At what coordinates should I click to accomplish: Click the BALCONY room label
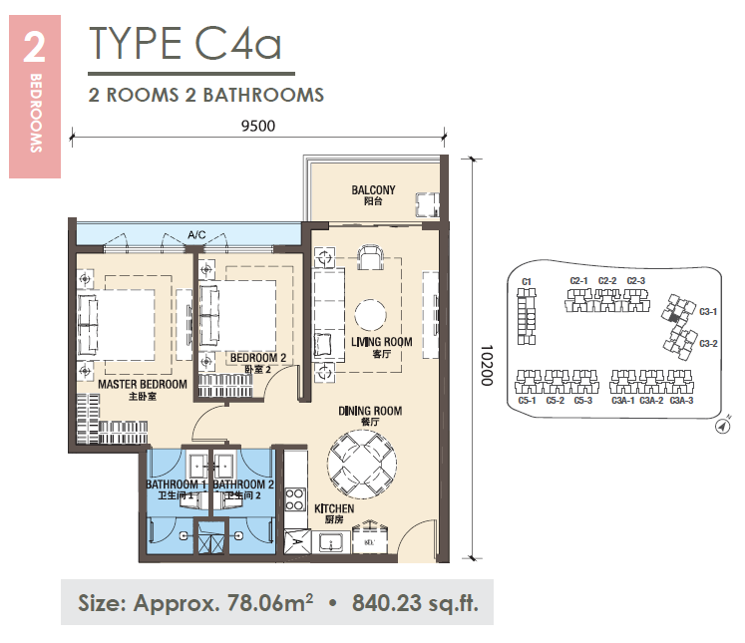[373, 190]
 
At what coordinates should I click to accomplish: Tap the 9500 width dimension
[258, 126]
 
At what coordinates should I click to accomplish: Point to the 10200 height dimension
[487, 365]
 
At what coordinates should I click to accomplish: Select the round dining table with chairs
[362, 464]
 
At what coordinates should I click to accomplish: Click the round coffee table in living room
[370, 315]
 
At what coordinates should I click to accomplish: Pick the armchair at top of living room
[370, 257]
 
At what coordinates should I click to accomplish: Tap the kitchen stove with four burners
[295, 499]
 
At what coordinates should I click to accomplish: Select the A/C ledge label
[196, 234]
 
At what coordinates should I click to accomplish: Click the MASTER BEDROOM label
[143, 384]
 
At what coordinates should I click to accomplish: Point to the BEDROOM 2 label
[258, 358]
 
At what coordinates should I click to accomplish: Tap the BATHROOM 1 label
[177, 484]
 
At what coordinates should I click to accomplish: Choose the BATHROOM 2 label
[243, 484]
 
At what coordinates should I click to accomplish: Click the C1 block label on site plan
[526, 281]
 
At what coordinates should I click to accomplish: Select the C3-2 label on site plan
[708, 343]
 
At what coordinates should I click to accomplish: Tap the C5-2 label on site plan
[555, 401]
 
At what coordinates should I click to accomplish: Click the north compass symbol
[723, 426]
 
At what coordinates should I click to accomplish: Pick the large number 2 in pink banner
[34, 48]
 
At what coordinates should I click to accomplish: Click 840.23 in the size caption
[387, 603]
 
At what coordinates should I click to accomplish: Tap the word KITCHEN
[334, 508]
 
